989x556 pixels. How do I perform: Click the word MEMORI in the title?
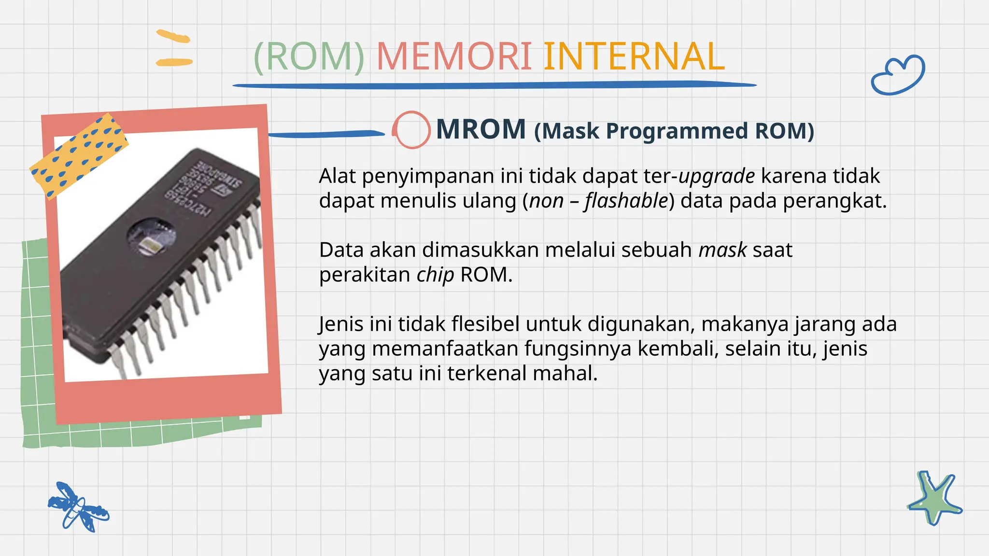tap(453, 57)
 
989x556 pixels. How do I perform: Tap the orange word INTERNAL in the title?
tap(634, 57)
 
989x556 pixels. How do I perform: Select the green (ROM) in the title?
tap(309, 57)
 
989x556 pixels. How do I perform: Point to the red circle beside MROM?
tap(411, 129)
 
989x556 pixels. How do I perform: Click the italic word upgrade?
tap(717, 176)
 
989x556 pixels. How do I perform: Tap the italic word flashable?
tap(626, 201)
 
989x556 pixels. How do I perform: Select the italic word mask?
tap(722, 250)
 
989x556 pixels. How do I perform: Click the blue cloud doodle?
tap(898, 75)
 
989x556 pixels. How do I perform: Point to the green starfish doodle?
tap(934, 499)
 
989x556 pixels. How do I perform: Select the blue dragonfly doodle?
tap(78, 507)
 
